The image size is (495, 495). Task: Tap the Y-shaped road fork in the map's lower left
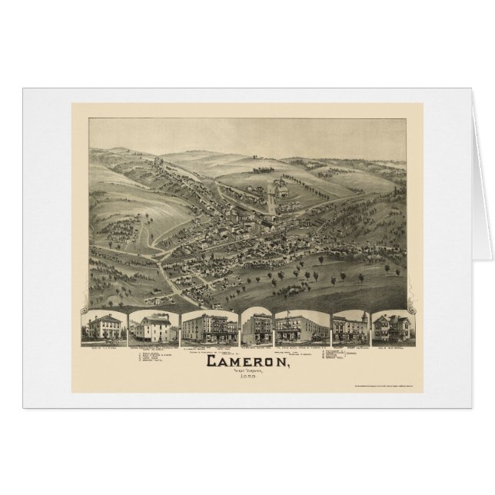[x=157, y=258]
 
